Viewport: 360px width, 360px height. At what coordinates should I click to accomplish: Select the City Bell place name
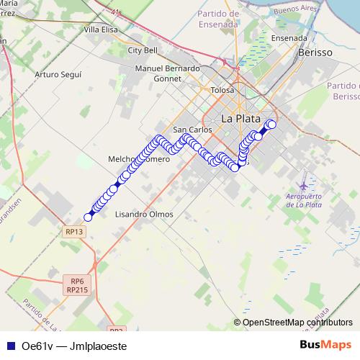(142, 50)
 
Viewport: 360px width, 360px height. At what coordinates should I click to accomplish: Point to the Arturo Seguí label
(58, 74)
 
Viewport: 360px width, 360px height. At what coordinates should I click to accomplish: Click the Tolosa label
(222, 90)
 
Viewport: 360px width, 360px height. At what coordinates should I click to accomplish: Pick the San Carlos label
(192, 130)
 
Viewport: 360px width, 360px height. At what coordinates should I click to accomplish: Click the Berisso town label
(315, 53)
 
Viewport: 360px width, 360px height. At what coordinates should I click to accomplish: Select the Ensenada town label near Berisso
(289, 39)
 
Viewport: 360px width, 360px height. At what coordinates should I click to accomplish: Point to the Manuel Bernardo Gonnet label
(167, 73)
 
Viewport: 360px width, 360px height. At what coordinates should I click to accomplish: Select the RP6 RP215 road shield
(77, 284)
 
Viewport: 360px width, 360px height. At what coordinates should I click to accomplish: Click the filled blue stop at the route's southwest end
(89, 217)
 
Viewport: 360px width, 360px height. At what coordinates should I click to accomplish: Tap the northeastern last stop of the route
(271, 124)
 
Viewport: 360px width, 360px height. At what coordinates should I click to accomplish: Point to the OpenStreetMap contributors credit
(297, 322)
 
